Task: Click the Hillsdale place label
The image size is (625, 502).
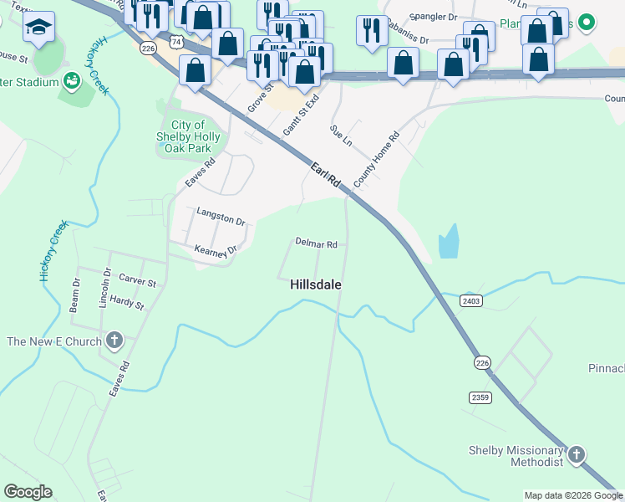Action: tap(316, 284)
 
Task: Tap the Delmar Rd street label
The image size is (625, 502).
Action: tap(316, 244)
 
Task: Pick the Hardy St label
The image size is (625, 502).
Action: tap(127, 303)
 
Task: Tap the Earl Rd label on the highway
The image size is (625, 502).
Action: tap(326, 175)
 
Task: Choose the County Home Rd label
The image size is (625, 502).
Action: tap(377, 159)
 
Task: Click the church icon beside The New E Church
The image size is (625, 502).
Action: tap(114, 341)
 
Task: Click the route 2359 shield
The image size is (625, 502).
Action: tap(480, 397)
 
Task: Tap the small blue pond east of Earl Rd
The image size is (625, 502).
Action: tap(449, 242)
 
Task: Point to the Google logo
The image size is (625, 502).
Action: tap(28, 492)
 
